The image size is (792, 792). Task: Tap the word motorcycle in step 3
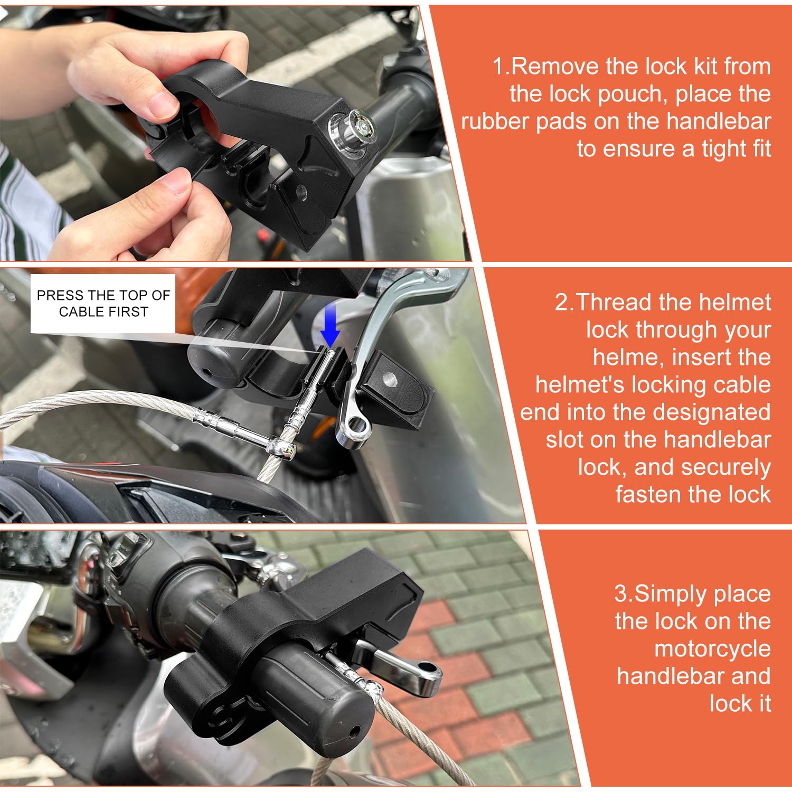point(712,649)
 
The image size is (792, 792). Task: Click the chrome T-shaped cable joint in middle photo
point(278,447)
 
